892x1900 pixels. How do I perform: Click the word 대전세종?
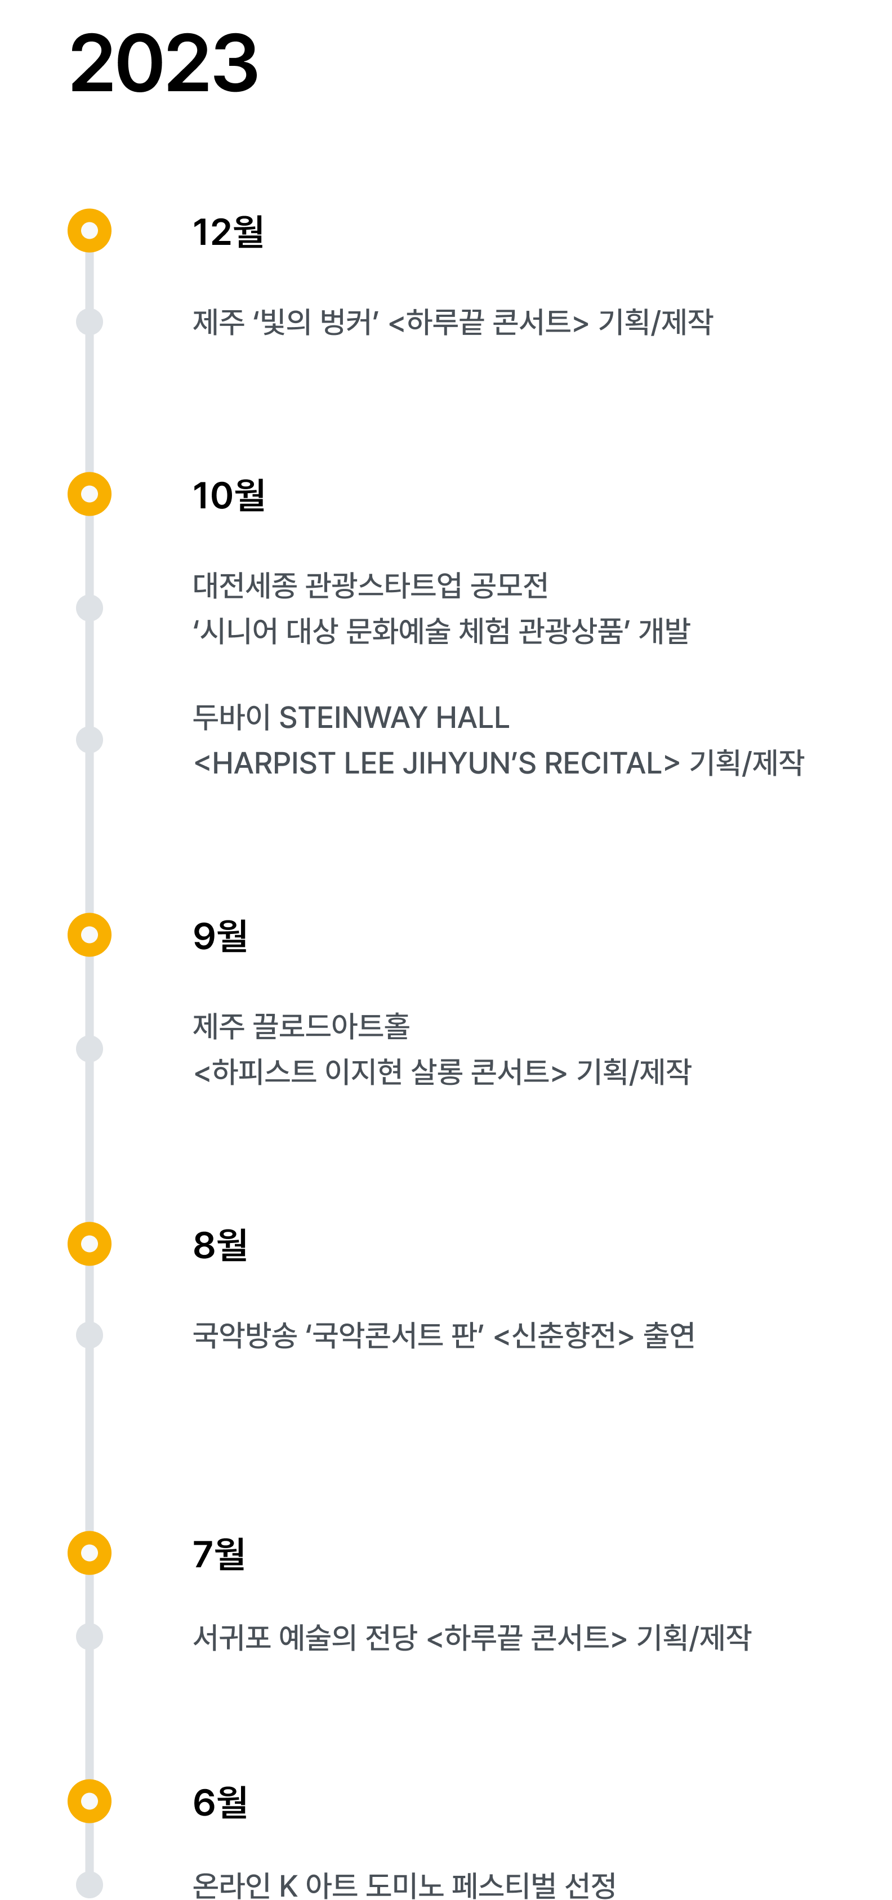[244, 585]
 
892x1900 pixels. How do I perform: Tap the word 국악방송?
[244, 1335]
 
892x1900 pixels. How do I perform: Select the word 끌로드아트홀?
[331, 1026]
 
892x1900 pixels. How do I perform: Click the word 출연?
[668, 1335]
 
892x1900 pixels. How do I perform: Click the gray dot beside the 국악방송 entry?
[90, 1335]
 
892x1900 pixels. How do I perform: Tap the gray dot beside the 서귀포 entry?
[90, 1637]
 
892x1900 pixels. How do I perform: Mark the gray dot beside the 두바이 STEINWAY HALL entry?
[90, 740]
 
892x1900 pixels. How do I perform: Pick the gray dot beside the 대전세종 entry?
[90, 609]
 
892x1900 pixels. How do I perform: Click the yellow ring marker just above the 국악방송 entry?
[90, 1244]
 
